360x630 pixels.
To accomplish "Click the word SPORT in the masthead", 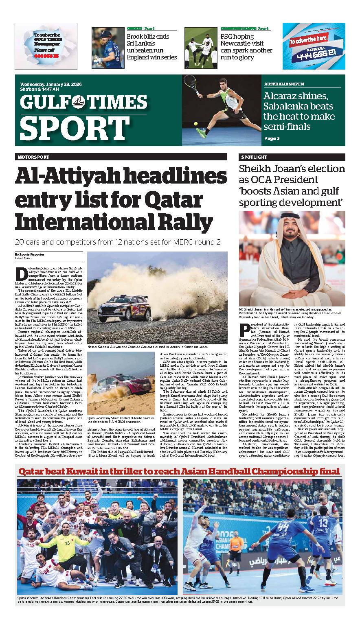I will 68,127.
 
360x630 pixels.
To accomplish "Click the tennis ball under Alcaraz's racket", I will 196,123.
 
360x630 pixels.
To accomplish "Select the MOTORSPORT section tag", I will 33,157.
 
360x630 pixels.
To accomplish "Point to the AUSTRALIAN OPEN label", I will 284,84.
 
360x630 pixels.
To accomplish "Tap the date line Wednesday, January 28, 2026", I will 50,84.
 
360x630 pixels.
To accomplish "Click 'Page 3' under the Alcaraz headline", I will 272,138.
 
